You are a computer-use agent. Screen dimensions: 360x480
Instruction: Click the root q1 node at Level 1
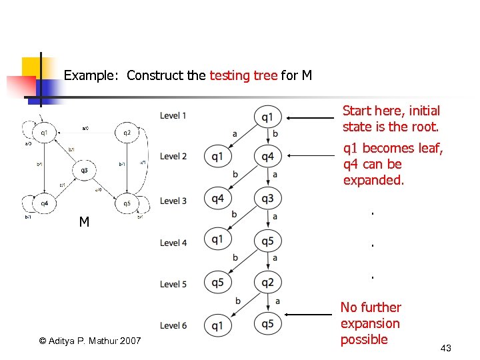(267, 117)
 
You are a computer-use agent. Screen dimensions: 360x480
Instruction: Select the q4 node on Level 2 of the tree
(267, 157)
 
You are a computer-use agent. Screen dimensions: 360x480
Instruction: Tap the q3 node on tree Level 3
(267, 198)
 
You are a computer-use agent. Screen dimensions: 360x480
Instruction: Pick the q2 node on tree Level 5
(267, 282)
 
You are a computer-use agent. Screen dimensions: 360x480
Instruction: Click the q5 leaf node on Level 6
(267, 324)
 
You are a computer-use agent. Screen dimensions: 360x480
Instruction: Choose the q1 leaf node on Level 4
(217, 239)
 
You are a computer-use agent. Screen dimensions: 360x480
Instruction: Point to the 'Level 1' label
(173, 116)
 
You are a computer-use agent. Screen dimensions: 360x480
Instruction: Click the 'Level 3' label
(173, 201)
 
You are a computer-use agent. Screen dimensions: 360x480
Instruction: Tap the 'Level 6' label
(173, 325)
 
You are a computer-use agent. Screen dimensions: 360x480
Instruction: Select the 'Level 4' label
(173, 243)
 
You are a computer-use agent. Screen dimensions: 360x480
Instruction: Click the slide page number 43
(446, 348)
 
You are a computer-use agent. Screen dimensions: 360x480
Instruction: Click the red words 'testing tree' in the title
(243, 75)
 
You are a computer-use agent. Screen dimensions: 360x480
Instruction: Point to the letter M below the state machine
(84, 222)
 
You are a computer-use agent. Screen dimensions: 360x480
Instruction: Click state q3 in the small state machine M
(85, 171)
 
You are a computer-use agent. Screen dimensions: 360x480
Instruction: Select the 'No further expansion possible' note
(371, 323)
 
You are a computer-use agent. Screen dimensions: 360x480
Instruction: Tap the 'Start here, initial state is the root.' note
(391, 119)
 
